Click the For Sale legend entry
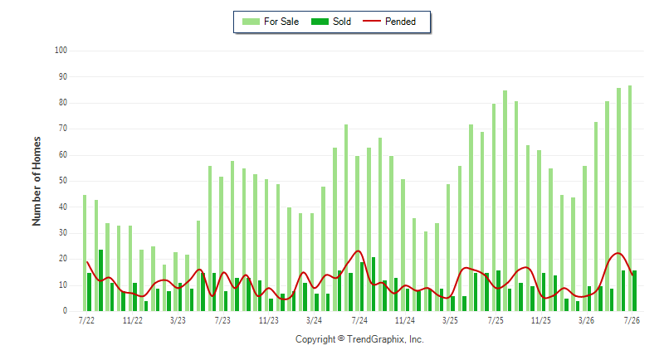click(271, 22)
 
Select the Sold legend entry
click(330, 22)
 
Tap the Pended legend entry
click(389, 22)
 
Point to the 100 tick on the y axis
click(61, 51)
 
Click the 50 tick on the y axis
click(63, 181)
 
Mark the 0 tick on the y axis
click(66, 311)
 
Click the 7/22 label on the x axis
click(86, 321)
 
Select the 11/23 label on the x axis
click(268, 321)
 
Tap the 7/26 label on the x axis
click(632, 321)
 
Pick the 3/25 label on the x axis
click(450, 321)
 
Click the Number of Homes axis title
click(37, 181)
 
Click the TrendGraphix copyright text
click(359, 339)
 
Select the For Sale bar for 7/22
click(85, 253)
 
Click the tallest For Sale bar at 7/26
click(630, 198)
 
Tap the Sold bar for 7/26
click(635, 291)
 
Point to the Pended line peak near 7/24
click(359, 251)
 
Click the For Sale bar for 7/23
click(221, 244)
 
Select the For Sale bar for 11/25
click(539, 231)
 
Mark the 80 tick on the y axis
click(63, 102)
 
